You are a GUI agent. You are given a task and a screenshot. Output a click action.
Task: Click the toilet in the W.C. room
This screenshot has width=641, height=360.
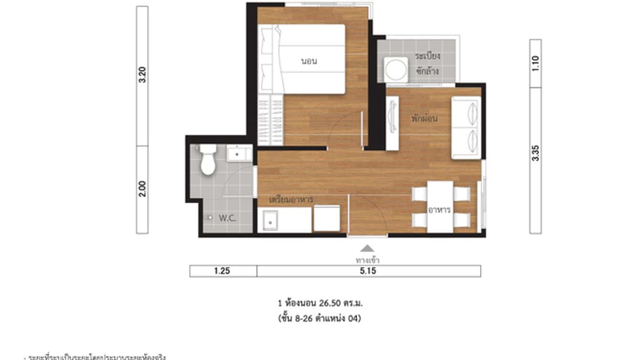tap(207, 160)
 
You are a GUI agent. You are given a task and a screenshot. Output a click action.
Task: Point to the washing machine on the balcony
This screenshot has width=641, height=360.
tap(397, 70)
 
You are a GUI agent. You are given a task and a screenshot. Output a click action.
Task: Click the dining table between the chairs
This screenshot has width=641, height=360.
tap(440, 207)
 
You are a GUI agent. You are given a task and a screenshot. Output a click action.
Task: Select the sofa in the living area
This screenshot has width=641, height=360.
tap(466, 127)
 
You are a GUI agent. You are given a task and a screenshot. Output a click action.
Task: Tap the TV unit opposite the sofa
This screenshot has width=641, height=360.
tap(392, 123)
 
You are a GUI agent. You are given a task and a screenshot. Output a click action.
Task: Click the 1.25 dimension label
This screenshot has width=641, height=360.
tap(223, 271)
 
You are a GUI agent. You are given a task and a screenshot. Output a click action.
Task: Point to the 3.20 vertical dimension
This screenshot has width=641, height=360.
tap(142, 75)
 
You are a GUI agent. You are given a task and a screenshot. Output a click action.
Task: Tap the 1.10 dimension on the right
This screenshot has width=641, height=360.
tap(535, 64)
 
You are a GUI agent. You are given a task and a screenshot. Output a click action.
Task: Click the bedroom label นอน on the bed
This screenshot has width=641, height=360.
tap(309, 61)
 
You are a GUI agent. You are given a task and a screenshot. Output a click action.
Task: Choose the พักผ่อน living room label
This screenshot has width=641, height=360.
tap(424, 118)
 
